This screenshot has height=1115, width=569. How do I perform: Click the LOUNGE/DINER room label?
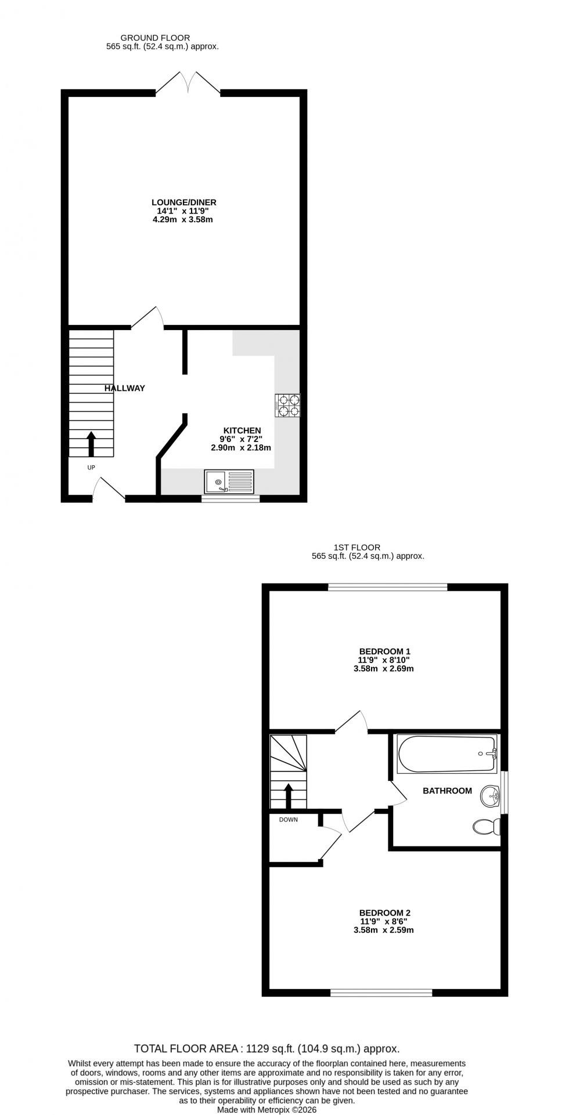click(x=183, y=202)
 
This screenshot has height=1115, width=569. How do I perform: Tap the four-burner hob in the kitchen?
click(x=288, y=406)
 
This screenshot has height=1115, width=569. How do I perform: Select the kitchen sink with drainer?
click(x=229, y=481)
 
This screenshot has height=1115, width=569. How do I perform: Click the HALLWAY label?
click(x=125, y=388)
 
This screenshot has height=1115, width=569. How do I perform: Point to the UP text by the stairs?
click(x=91, y=467)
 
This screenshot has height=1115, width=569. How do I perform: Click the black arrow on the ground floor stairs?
click(x=91, y=443)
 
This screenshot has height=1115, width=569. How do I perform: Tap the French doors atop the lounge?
click(x=188, y=83)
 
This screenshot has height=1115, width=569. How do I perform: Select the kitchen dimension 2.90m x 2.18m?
click(x=241, y=448)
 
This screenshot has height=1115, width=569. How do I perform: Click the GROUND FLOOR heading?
click(x=155, y=38)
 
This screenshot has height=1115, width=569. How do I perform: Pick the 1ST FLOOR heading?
click(x=356, y=547)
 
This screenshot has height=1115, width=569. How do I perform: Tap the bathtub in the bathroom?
click(x=446, y=754)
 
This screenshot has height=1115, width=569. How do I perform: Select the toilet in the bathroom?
click(x=487, y=826)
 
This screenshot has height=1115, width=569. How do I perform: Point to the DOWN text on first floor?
click(x=289, y=820)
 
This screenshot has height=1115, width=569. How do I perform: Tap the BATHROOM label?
click(x=447, y=791)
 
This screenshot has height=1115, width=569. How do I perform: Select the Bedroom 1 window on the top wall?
click(x=387, y=588)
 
